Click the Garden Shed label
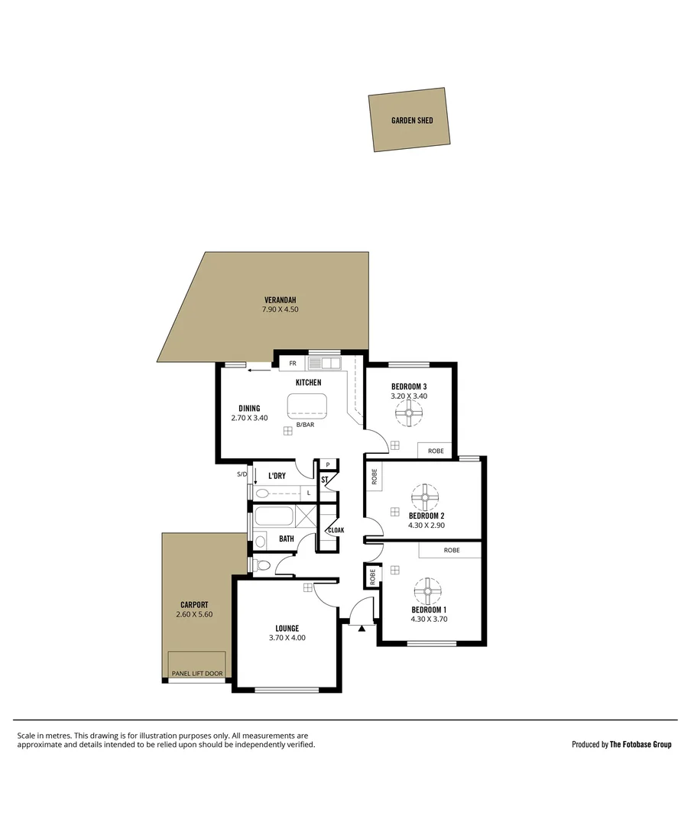tap(412, 121)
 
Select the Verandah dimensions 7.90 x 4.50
tap(280, 309)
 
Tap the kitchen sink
tap(324, 363)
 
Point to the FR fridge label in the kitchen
tap(292, 364)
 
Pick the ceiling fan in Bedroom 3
tap(409, 416)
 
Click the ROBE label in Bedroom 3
tap(436, 451)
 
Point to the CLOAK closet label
tap(336, 529)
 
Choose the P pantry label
tap(328, 464)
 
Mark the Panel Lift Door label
tap(197, 674)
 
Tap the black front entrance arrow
tap(362, 628)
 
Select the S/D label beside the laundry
tap(242, 474)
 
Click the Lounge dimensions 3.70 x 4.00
tap(287, 637)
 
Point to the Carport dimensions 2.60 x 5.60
tap(194, 614)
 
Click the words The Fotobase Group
tap(640, 744)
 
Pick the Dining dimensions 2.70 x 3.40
tap(249, 418)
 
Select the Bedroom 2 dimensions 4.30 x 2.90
tap(426, 525)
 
